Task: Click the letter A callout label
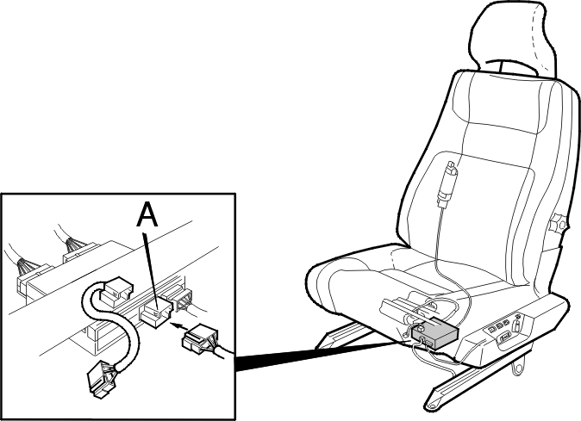click(147, 215)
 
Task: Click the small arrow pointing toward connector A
click(178, 326)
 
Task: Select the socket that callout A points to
click(156, 313)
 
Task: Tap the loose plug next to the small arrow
click(201, 337)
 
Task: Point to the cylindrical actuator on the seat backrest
click(447, 184)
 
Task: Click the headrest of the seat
click(512, 37)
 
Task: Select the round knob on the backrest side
click(558, 224)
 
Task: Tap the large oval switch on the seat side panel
click(505, 337)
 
